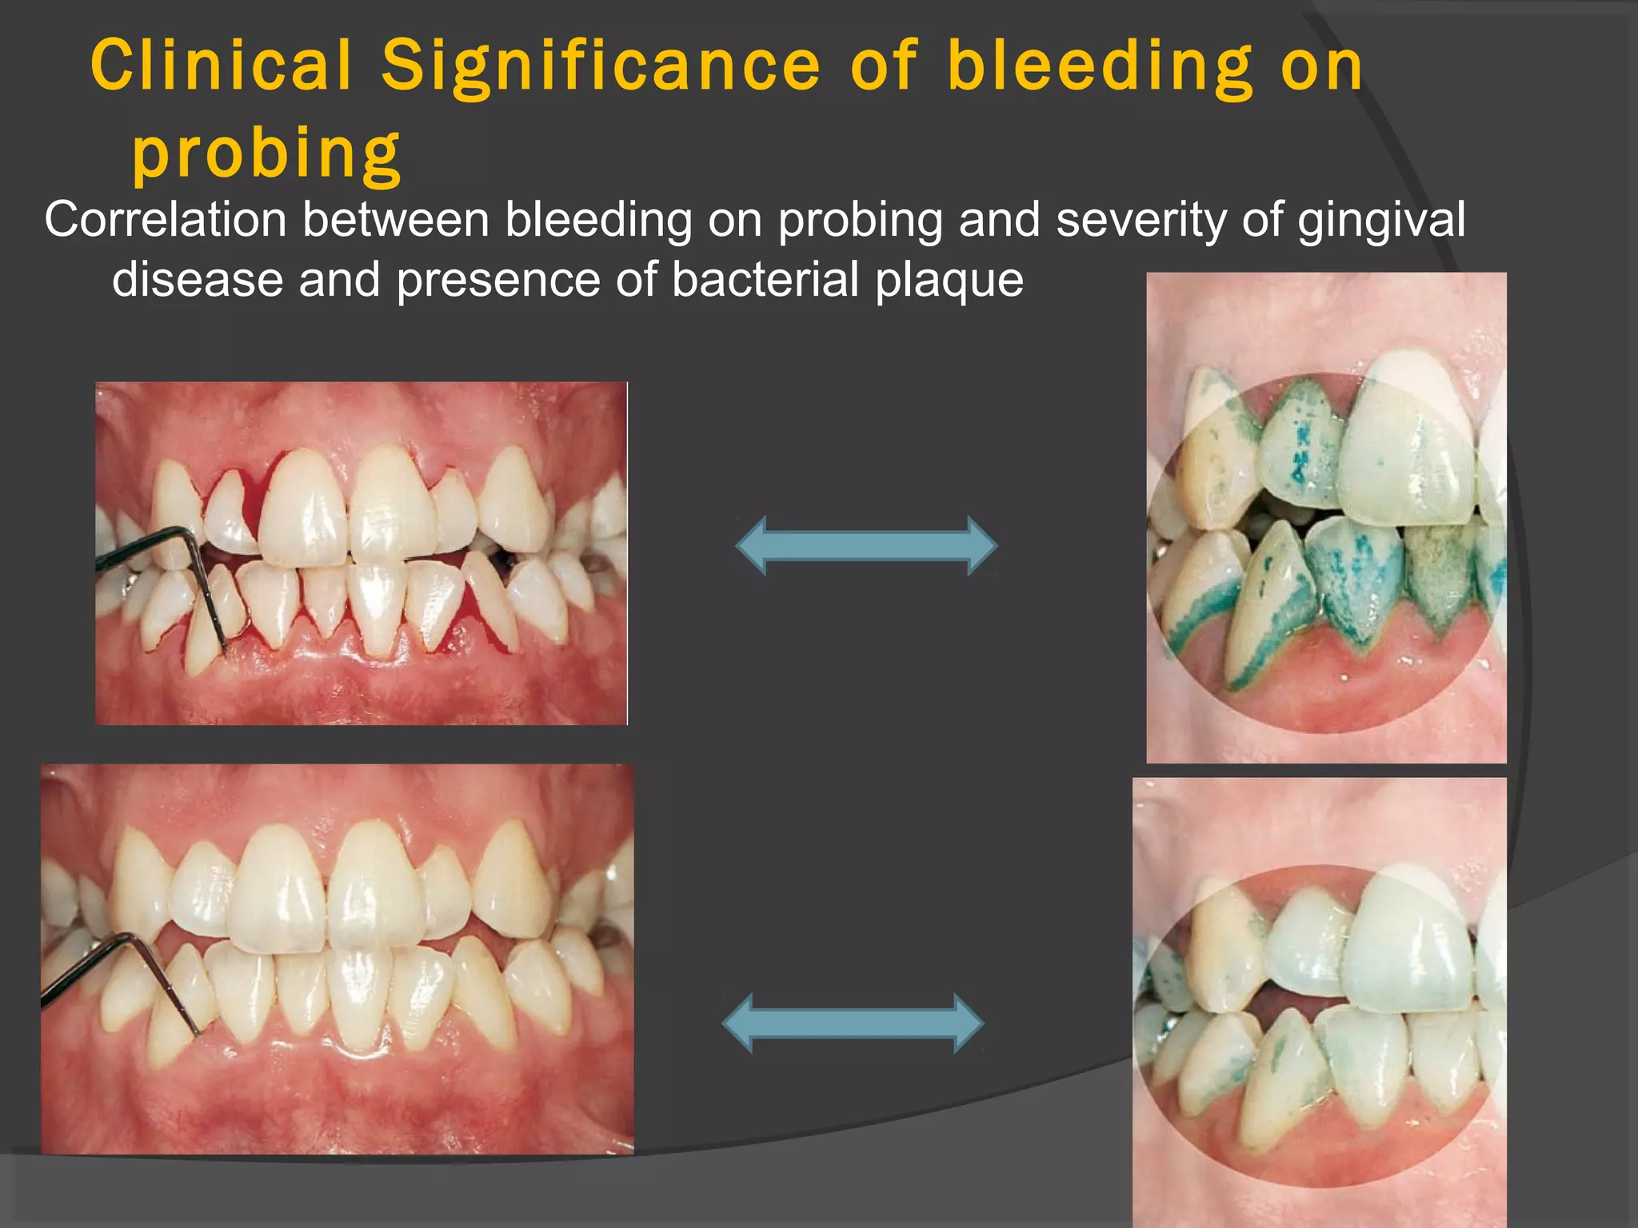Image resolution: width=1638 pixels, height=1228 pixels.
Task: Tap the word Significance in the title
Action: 601,66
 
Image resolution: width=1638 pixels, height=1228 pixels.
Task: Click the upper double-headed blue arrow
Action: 866,546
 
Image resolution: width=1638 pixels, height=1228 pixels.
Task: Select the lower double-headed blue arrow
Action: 853,1023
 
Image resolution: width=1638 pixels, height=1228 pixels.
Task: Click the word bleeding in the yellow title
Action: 1100,67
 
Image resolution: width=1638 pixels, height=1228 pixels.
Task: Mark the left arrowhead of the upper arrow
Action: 752,546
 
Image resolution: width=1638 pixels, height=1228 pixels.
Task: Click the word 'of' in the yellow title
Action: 884,66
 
